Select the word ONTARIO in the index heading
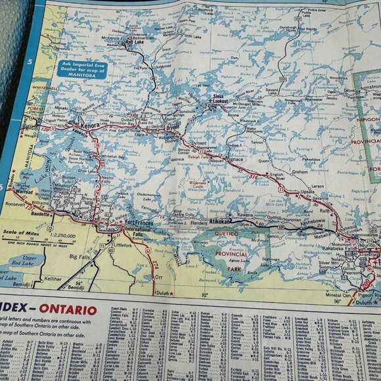click(x=68, y=309)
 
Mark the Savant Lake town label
click(x=273, y=93)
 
